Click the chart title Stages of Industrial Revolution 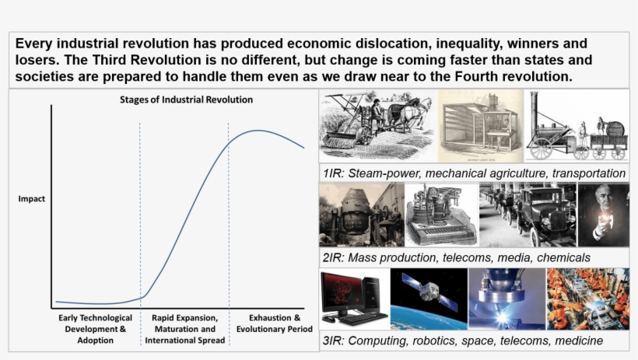click(x=186, y=100)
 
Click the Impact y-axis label click(x=31, y=199)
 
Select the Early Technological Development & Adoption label click(x=92, y=329)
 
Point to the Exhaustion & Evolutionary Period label click(x=274, y=323)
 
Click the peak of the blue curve click(x=257, y=131)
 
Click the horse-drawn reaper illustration click(x=377, y=125)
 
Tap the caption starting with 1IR click(x=475, y=173)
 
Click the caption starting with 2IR click(x=456, y=257)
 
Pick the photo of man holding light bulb click(x=603, y=215)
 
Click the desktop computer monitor click(x=343, y=292)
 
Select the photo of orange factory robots click(x=588, y=299)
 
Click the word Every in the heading click(x=35, y=43)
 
